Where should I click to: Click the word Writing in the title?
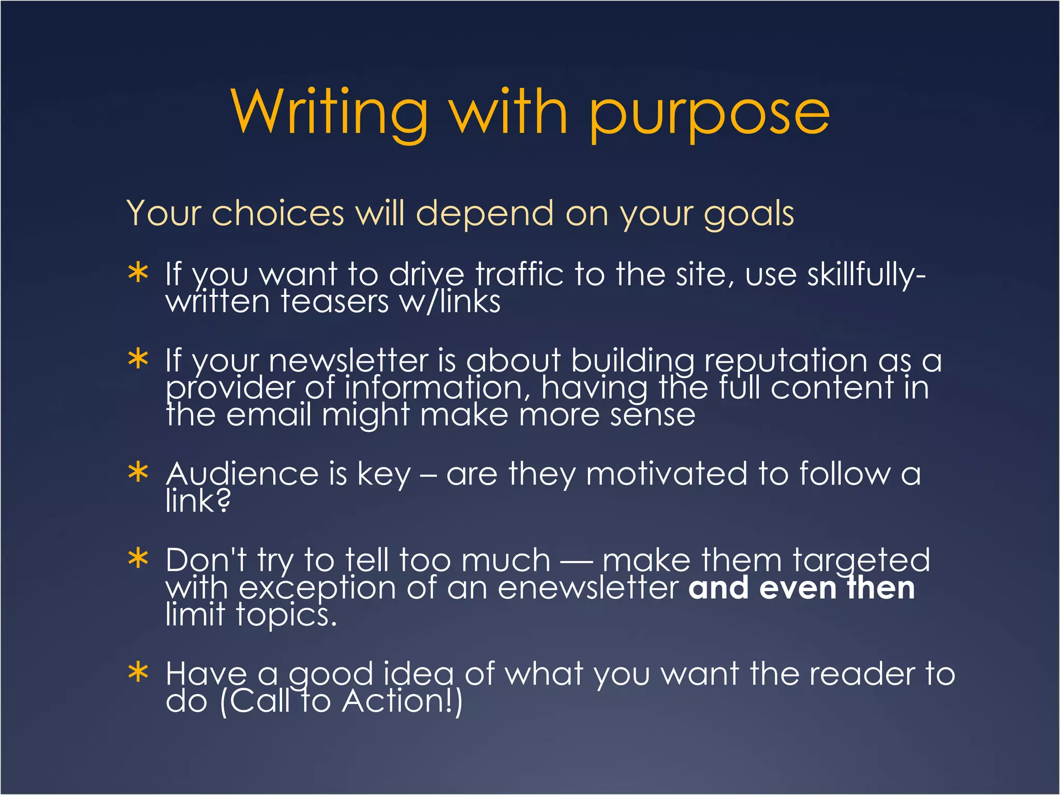click(x=329, y=112)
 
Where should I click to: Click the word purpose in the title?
click(x=709, y=115)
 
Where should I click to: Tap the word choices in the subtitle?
click(x=278, y=213)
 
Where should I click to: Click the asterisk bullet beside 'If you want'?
click(x=138, y=273)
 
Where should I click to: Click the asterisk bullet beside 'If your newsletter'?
click(x=138, y=359)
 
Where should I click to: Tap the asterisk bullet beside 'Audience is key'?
click(x=138, y=473)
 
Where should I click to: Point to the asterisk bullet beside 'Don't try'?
click(x=138, y=559)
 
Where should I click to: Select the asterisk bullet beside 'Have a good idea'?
click(x=138, y=673)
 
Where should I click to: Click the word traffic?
click(x=519, y=274)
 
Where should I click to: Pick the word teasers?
click(x=334, y=302)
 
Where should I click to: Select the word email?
click(x=269, y=415)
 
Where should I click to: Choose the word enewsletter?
click(x=588, y=588)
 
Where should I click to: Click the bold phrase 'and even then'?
click(x=801, y=588)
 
